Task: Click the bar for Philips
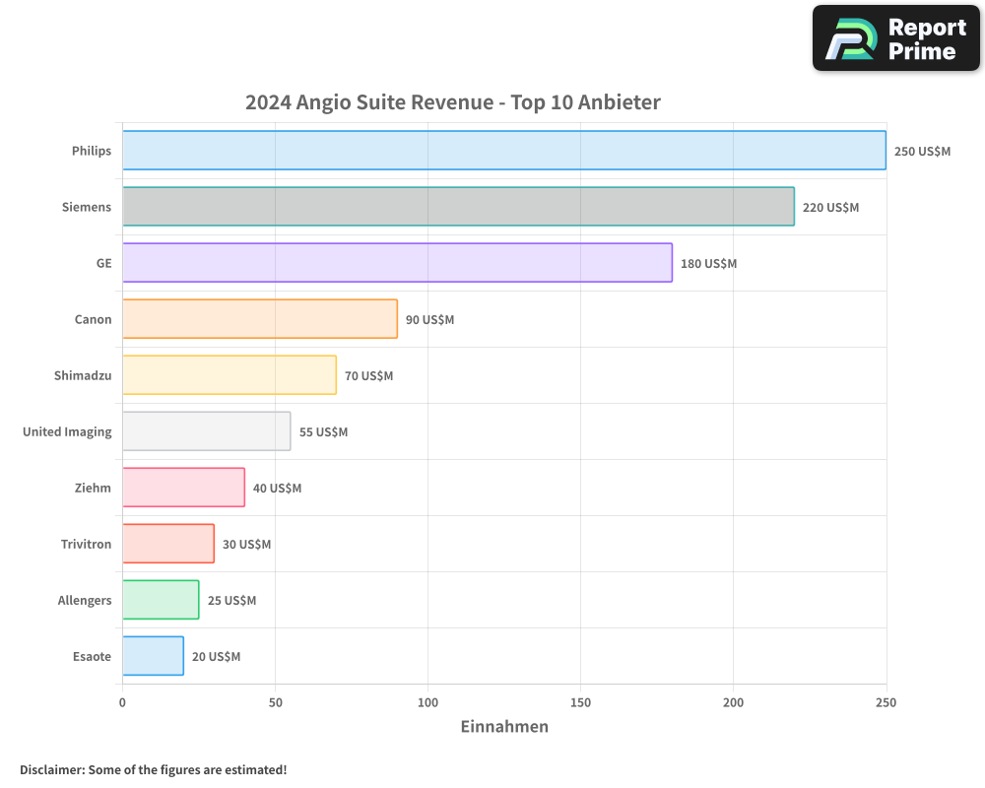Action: (x=503, y=151)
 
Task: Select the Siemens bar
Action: (x=458, y=207)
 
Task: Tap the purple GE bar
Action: (x=397, y=263)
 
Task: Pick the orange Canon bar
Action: (x=260, y=319)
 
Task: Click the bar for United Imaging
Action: (x=206, y=431)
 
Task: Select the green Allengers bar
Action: (x=161, y=600)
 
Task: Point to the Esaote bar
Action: (x=153, y=656)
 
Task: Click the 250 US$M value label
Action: (x=922, y=152)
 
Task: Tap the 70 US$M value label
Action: (x=368, y=376)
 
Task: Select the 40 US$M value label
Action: (x=277, y=489)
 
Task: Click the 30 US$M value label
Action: (x=246, y=545)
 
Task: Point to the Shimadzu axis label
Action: (x=83, y=375)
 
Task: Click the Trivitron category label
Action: (x=86, y=544)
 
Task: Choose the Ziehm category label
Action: (x=93, y=488)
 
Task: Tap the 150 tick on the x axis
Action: (x=580, y=702)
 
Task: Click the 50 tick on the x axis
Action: (x=275, y=702)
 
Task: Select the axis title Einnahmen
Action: (x=504, y=727)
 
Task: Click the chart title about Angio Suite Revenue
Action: (x=452, y=102)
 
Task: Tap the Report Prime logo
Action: (x=896, y=38)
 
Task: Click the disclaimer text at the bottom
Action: (x=154, y=769)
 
